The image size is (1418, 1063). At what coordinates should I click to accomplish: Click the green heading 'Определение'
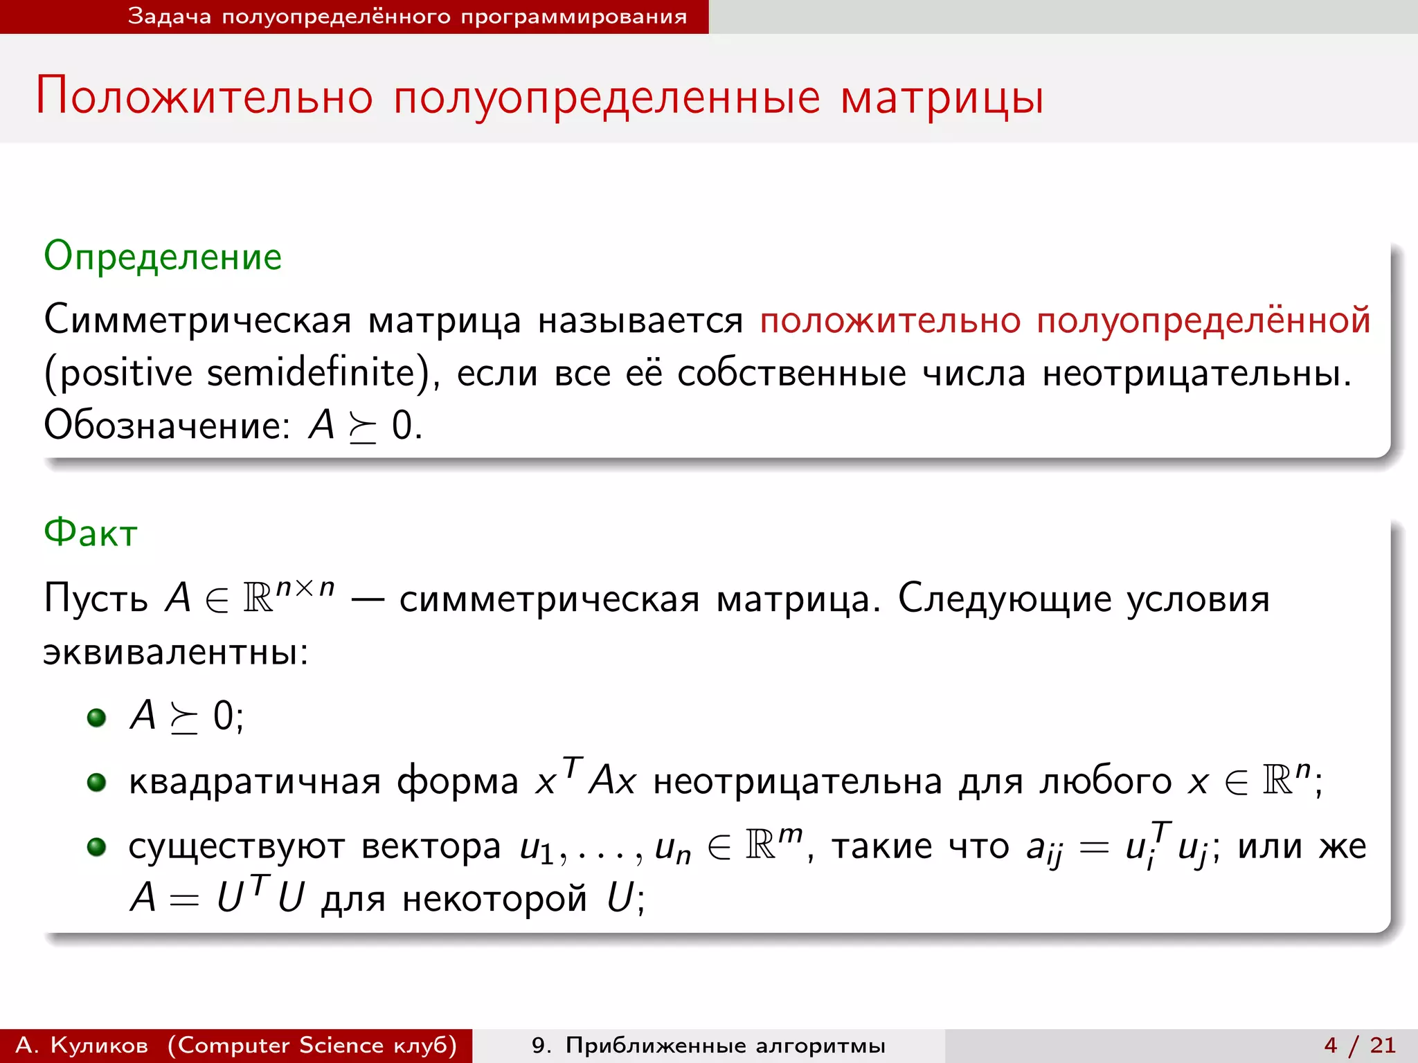163,257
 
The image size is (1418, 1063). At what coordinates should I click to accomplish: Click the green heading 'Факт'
91,534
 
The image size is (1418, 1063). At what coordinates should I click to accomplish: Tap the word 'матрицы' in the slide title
942,98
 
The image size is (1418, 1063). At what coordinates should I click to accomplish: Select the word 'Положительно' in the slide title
204,96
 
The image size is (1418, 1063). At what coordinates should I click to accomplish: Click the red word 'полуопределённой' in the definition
1203,320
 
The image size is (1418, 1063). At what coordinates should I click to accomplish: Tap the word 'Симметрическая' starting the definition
197,320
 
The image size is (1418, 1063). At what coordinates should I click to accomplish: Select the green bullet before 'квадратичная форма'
96,782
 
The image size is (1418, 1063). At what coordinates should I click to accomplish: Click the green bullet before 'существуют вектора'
96,846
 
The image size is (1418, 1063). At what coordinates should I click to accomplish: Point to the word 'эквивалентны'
175,652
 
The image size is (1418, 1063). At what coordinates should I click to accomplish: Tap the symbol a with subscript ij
1043,849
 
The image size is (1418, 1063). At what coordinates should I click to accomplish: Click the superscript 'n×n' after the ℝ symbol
305,588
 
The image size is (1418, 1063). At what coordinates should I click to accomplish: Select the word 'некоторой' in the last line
494,899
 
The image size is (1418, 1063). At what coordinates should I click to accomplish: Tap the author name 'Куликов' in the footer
99,1045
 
